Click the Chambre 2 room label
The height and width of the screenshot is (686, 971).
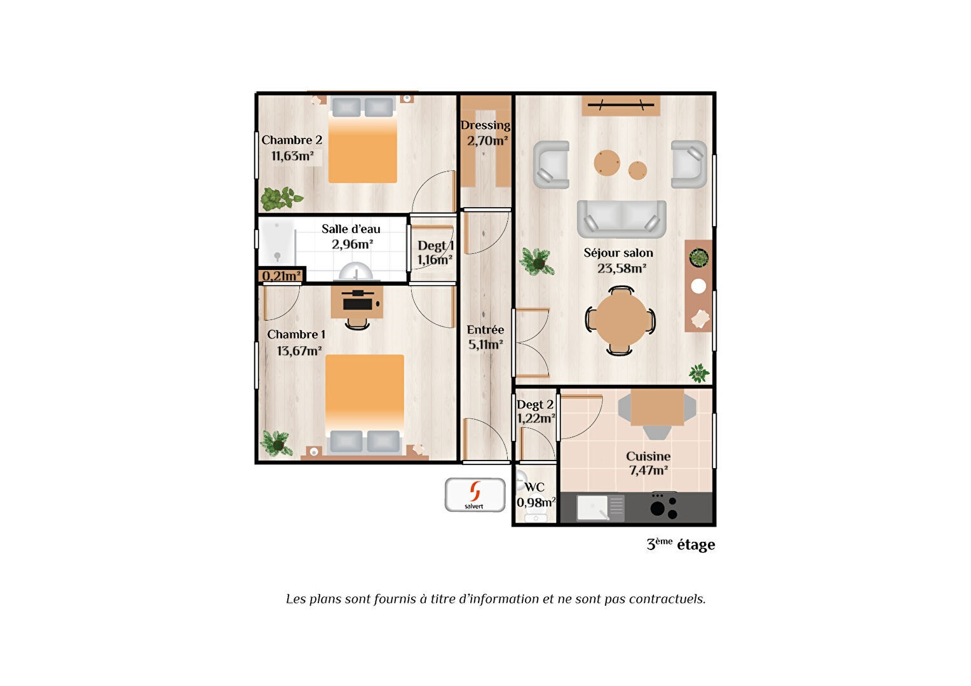292,140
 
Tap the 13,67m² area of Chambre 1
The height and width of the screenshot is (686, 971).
299,350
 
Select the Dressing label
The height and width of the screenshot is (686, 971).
485,125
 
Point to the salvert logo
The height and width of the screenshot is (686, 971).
475,494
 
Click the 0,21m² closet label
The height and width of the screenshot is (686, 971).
282,276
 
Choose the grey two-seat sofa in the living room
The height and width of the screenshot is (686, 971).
621,219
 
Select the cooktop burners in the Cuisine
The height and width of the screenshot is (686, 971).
664,506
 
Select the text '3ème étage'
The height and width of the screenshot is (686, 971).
681,544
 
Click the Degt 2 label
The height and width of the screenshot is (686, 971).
535,405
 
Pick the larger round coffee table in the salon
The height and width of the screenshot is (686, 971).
606,163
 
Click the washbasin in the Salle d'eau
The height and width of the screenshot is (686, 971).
355,272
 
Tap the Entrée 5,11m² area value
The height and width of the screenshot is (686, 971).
485,344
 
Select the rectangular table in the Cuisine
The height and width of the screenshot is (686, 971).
657,407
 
